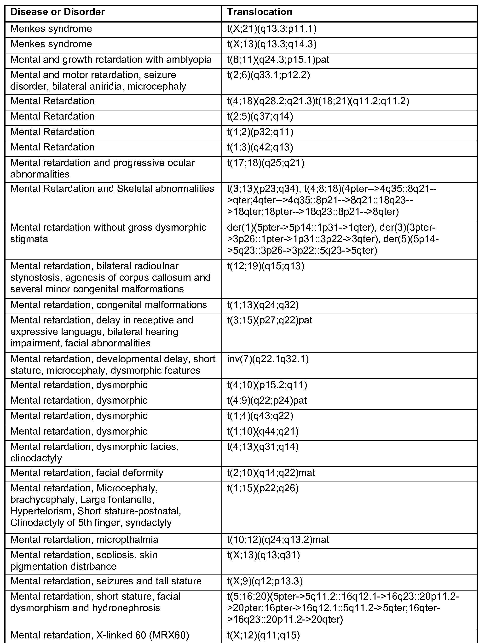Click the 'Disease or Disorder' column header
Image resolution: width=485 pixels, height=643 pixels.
tap(57, 12)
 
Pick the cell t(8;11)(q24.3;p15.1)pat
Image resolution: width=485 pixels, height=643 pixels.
tap(278, 60)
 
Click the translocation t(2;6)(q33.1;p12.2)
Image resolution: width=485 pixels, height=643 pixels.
tap(268, 75)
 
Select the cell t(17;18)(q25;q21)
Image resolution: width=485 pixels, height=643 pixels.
tap(266, 163)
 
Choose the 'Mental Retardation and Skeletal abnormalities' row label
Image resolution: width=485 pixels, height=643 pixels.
tap(112, 189)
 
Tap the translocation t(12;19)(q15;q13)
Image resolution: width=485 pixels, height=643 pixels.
tap(266, 266)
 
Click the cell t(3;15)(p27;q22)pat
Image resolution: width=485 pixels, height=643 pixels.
tap(270, 320)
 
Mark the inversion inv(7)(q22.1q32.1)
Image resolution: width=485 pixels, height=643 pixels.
tap(268, 359)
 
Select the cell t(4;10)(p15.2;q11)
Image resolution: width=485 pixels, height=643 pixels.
tap(267, 385)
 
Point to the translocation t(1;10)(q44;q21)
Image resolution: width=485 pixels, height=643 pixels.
tap(263, 431)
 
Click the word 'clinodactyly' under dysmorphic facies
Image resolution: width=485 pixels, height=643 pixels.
tap(36, 458)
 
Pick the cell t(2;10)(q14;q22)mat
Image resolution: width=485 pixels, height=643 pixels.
tap(271, 473)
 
